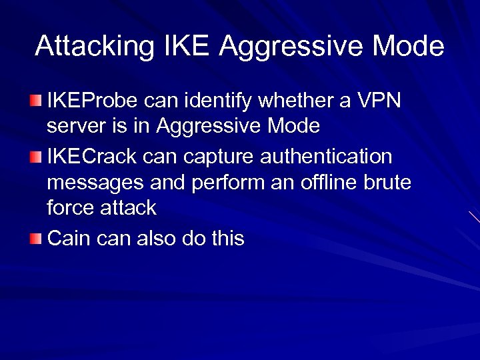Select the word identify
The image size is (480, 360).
pyautogui.click(x=226, y=101)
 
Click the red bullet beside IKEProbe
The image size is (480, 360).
pyautogui.click(x=35, y=101)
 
